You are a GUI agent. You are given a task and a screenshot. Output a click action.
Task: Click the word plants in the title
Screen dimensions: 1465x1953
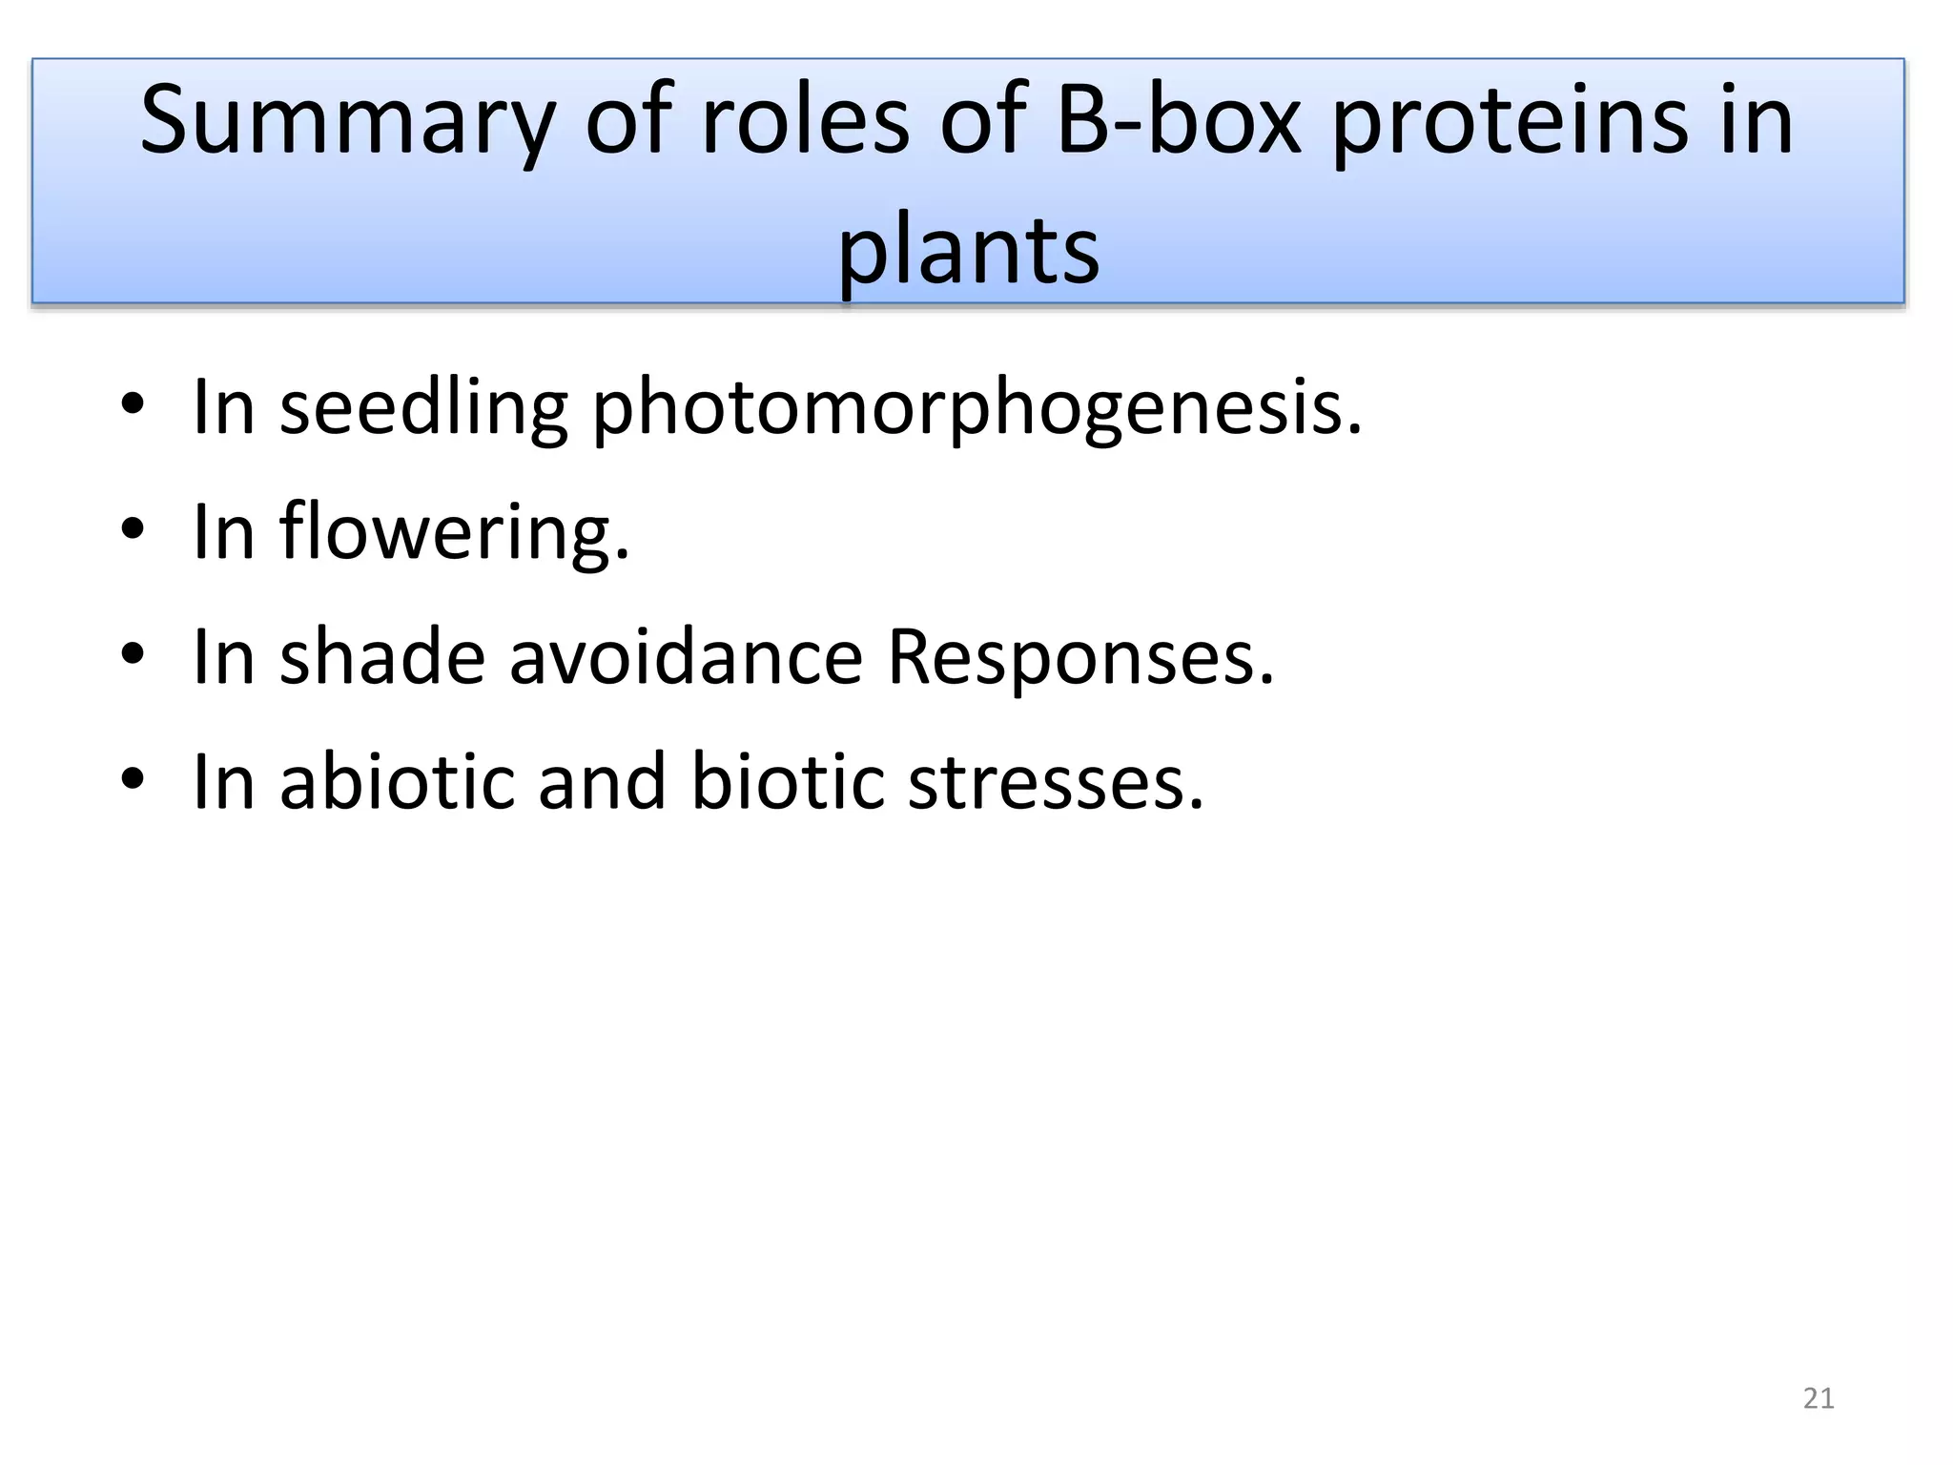click(x=968, y=250)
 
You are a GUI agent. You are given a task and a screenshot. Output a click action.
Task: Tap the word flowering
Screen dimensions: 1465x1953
click(x=454, y=534)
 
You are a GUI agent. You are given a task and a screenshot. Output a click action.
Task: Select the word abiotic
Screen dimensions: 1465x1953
click(x=397, y=782)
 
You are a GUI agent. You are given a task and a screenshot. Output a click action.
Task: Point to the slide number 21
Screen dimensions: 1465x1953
click(x=1819, y=1398)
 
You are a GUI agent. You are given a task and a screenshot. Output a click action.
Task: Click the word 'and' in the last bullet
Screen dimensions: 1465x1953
click(x=601, y=782)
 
